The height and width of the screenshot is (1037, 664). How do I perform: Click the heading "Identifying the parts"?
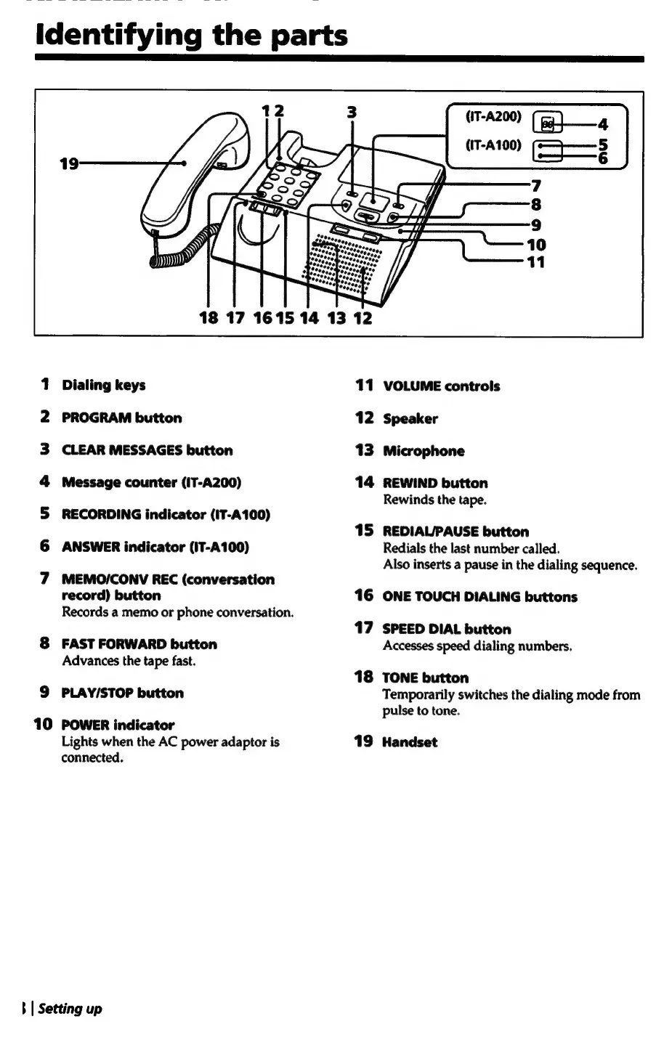tap(192, 35)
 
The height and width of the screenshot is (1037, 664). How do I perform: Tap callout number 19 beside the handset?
tap(69, 163)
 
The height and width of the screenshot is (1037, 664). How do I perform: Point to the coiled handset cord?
tap(185, 251)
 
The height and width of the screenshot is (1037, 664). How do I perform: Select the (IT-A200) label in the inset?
tap(493, 115)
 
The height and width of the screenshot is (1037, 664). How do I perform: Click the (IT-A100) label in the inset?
tap(493, 144)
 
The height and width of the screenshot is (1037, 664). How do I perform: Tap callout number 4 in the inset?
tap(602, 124)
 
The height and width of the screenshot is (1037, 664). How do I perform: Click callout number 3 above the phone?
tap(352, 112)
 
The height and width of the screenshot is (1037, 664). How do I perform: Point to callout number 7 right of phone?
tap(536, 186)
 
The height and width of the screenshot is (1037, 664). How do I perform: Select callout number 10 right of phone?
tap(536, 245)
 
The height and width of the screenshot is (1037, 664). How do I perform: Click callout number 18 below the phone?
tap(208, 317)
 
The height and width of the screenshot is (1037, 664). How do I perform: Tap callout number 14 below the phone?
tap(309, 317)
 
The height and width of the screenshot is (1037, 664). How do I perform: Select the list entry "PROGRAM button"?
tap(122, 418)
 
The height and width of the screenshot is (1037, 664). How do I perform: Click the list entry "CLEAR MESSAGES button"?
tap(147, 450)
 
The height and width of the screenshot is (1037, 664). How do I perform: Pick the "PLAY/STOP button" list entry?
tap(123, 693)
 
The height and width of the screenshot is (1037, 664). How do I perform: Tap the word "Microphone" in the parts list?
tap(424, 451)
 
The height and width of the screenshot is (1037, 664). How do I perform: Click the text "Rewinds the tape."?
tap(434, 500)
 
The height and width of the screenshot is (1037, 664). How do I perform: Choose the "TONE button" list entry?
tap(426, 678)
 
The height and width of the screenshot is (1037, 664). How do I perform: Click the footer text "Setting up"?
tap(70, 1009)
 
